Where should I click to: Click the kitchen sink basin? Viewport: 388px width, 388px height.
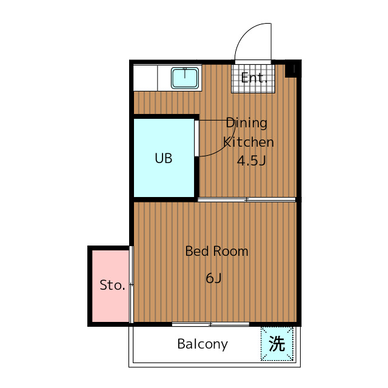click(185, 78)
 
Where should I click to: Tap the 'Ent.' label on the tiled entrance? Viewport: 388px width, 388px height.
click(254, 78)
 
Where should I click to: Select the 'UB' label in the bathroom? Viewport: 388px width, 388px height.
click(164, 158)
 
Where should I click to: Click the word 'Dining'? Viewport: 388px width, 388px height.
click(247, 123)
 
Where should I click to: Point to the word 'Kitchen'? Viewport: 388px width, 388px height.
click(249, 142)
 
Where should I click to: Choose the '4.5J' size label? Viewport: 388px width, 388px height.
click(252, 161)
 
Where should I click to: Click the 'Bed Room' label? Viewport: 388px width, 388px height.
click(217, 251)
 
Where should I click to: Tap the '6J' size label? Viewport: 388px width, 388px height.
click(213, 278)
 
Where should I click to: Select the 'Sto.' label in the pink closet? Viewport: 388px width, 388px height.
click(112, 285)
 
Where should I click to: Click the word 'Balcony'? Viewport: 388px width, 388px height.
click(202, 344)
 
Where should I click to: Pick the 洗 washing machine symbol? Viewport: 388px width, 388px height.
click(277, 344)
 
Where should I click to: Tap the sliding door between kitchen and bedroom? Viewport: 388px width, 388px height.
click(247, 199)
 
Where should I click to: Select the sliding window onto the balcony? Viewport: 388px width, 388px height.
click(210, 324)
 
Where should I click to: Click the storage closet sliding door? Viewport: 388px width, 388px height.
click(132, 284)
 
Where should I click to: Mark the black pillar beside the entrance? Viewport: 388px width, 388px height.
click(292, 69)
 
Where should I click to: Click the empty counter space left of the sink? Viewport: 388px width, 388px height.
click(145, 78)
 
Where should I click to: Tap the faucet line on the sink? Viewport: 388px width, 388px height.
click(184, 73)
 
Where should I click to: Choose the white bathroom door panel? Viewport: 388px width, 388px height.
click(196, 138)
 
